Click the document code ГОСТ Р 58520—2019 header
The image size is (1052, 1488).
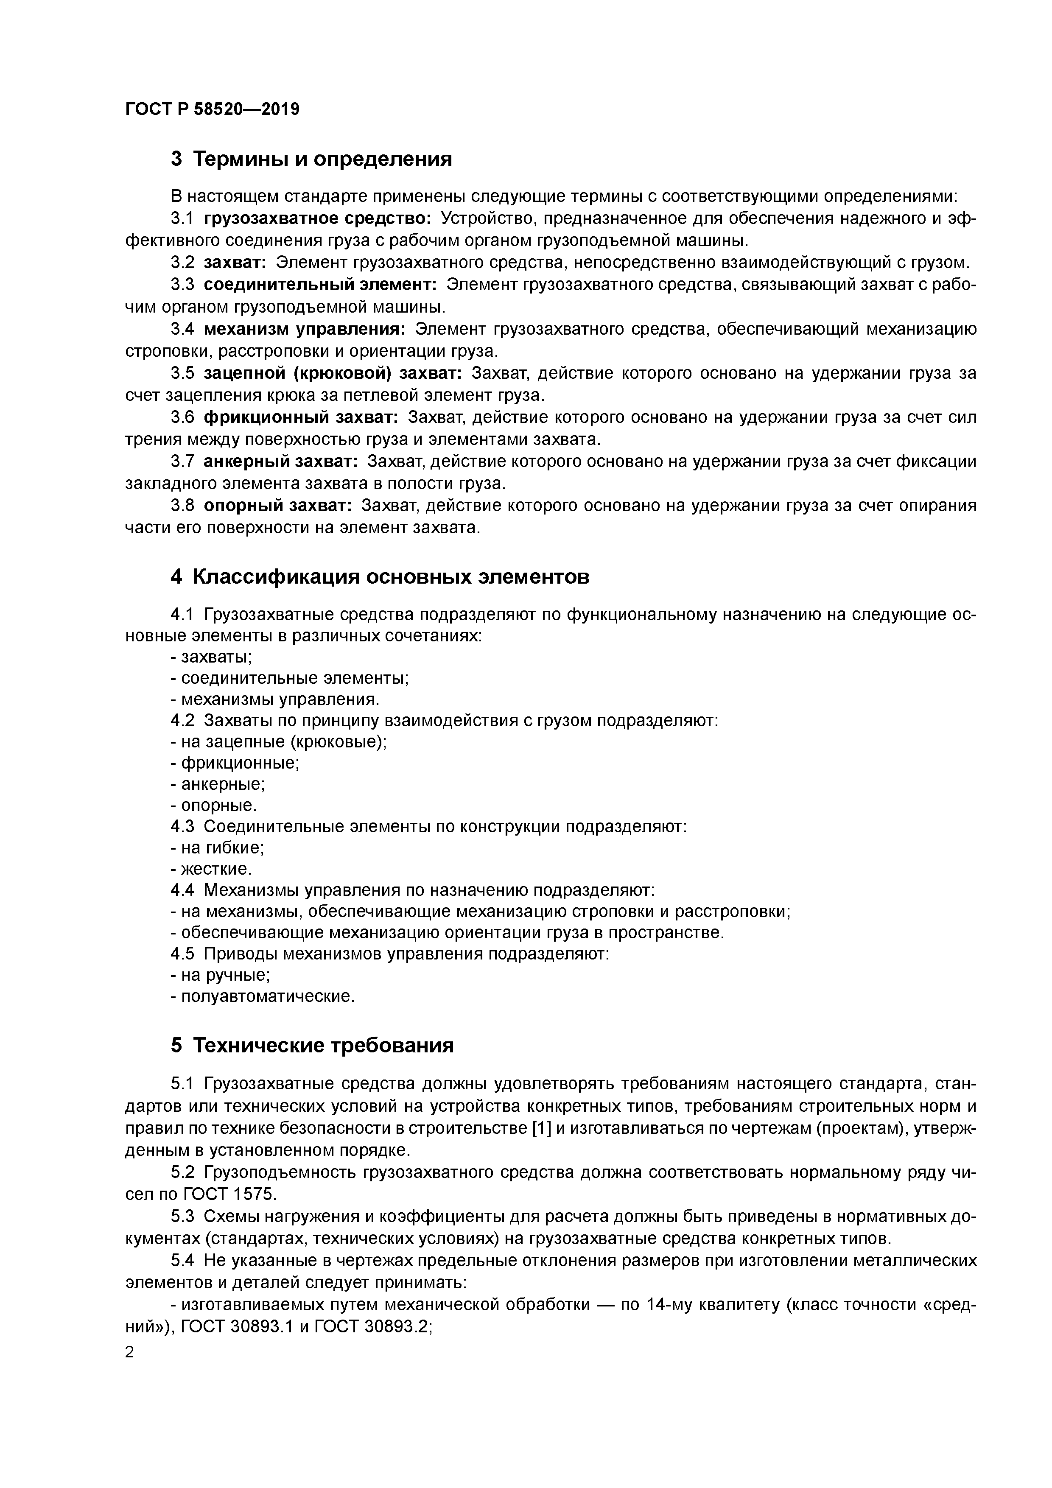point(212,109)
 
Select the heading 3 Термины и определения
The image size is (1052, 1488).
point(311,159)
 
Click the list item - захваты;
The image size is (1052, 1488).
point(211,657)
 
